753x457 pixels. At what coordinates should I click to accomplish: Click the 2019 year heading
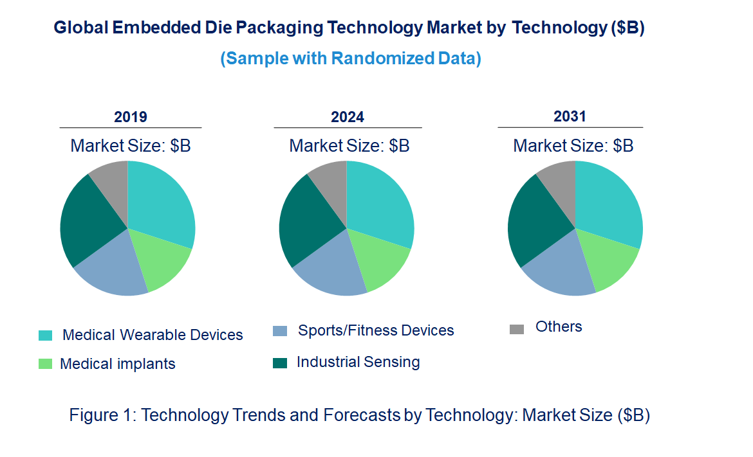(131, 117)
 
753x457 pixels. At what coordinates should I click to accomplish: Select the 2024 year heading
(348, 117)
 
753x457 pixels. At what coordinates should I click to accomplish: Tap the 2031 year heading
(570, 116)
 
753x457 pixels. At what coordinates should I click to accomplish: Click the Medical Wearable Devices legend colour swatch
(46, 336)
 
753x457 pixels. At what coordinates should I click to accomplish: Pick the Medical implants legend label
(118, 364)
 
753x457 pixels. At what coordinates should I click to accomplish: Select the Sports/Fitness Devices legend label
(376, 330)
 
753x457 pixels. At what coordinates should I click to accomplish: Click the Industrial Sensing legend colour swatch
(280, 363)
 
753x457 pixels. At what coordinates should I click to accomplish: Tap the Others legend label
(559, 327)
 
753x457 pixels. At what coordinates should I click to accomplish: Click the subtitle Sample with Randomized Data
(351, 58)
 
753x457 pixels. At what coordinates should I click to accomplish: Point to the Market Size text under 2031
(573, 146)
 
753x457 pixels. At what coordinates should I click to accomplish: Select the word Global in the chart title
(80, 28)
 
